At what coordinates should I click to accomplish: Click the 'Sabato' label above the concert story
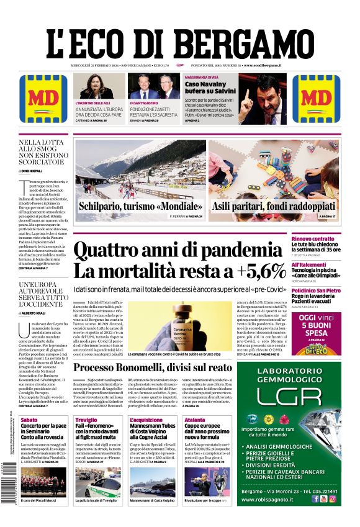pyautogui.click(x=29, y=420)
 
